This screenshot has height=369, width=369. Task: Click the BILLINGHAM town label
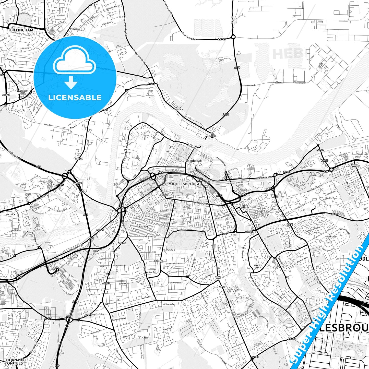(22, 30)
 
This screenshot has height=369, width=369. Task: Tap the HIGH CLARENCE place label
(178, 109)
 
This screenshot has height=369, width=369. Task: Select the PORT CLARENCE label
(212, 135)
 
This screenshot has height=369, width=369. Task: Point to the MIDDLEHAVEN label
(196, 161)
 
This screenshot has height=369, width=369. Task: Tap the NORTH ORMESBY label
(245, 207)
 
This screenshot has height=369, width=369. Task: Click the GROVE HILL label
(218, 278)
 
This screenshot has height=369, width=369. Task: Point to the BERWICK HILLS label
(258, 266)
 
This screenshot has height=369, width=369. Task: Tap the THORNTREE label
(331, 237)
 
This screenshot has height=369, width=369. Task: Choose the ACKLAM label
(145, 338)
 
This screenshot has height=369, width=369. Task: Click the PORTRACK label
(11, 215)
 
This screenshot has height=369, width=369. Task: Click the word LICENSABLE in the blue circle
(75, 98)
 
